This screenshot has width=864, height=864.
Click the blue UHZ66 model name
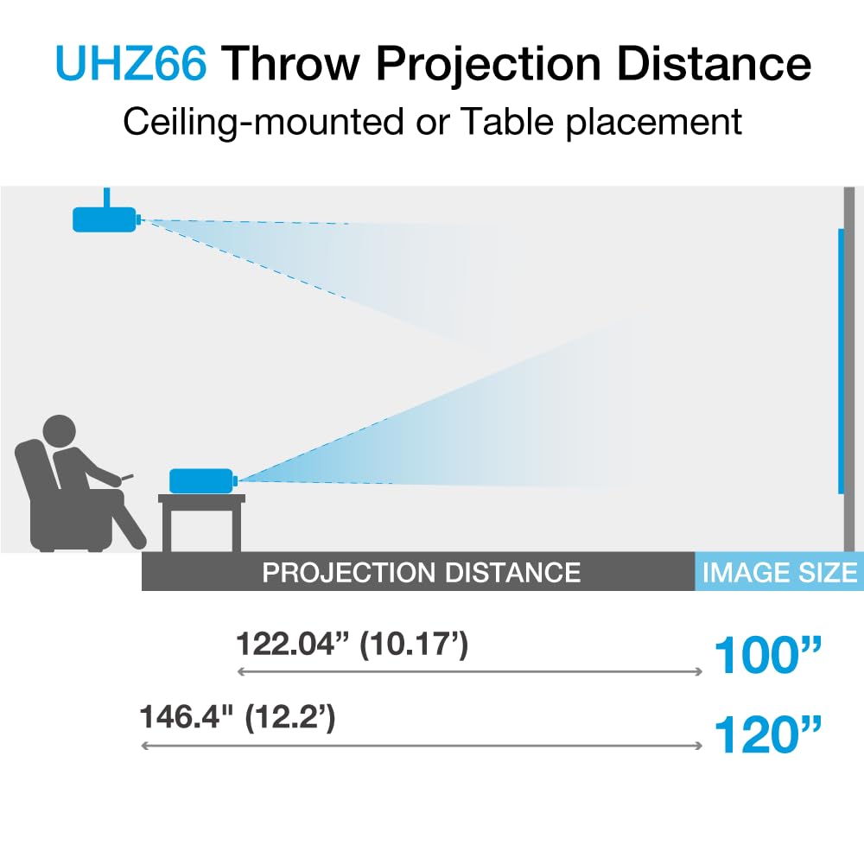click(x=132, y=65)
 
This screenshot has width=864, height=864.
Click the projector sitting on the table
click(x=201, y=480)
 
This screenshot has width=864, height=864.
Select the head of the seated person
click(x=59, y=431)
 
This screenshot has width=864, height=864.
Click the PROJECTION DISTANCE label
click(x=421, y=572)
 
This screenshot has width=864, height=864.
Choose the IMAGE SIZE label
click(x=779, y=572)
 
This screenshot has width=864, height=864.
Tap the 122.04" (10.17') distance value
click(x=353, y=644)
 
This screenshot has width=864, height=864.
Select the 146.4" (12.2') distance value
click(x=238, y=718)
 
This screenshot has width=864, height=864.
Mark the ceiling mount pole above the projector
click(x=106, y=196)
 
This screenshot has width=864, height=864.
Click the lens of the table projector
click(x=236, y=480)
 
